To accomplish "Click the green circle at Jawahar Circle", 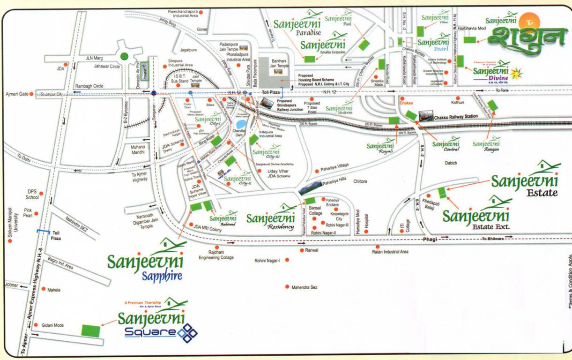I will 124,57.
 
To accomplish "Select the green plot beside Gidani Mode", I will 91,330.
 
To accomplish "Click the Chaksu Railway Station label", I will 456,116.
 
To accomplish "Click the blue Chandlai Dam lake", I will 241,124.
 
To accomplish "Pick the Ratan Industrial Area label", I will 390,252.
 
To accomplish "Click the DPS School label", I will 31,195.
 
